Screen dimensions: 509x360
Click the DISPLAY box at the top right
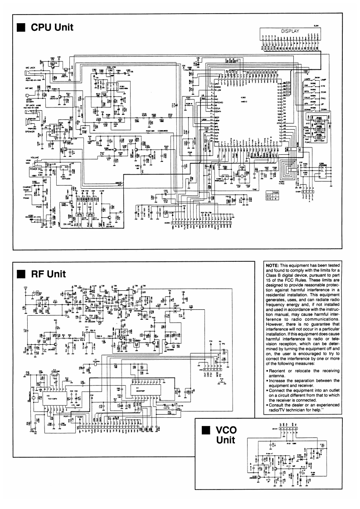[x=291, y=32]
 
